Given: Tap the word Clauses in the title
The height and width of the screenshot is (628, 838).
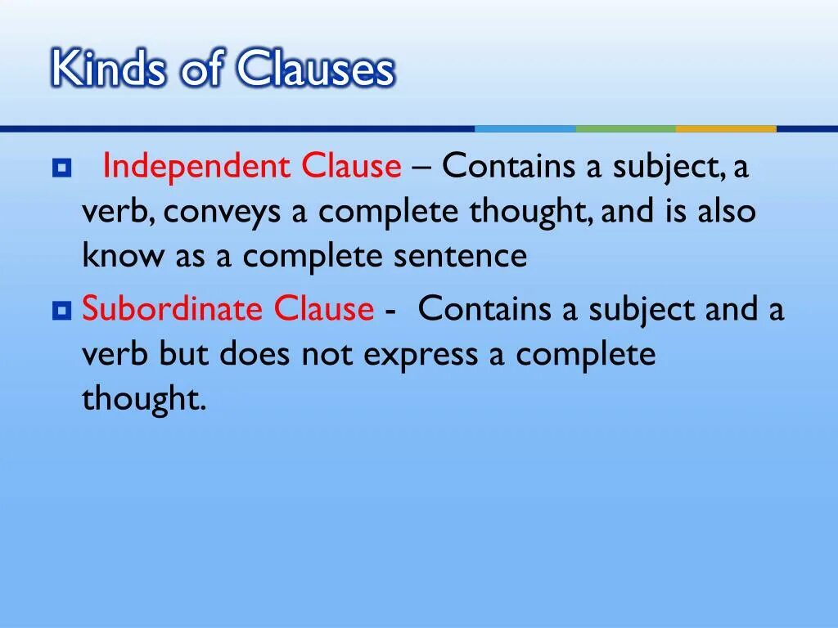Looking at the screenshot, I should pos(317,70).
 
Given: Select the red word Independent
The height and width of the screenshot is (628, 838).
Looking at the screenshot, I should pos(196,167).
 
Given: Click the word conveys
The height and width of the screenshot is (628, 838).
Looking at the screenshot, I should pos(234,212).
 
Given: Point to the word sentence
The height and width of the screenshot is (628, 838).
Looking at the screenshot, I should pos(461,257).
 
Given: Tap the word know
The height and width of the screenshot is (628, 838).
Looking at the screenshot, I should pos(123,257).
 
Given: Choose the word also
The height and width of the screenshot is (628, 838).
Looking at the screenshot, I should pos(727,212).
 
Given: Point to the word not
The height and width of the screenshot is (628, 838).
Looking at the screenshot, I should pos(327,355).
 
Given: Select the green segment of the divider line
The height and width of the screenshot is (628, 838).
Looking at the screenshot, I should pos(625,128).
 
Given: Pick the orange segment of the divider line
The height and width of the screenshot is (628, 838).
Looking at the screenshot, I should pos(725,128).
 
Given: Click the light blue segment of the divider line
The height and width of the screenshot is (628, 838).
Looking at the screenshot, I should pos(525,128).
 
